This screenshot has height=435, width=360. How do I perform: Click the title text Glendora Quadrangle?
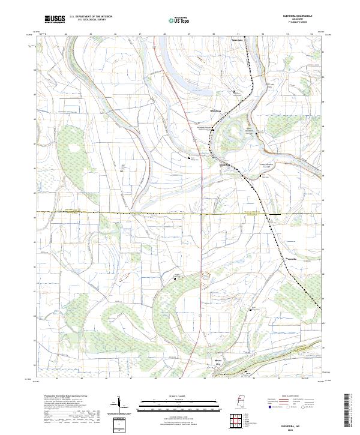[x=305, y=16]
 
